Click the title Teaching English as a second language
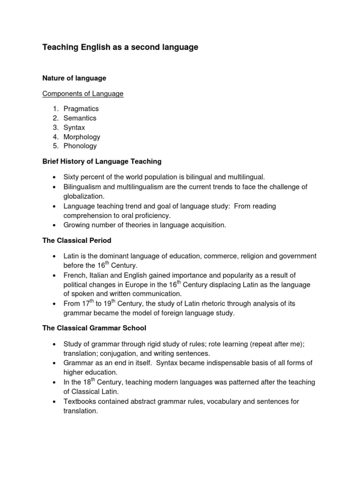coord(120,47)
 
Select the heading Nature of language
coord(74,78)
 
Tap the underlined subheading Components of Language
coord(83,94)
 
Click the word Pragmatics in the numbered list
coord(81,109)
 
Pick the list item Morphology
coord(82,137)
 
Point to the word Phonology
coord(80,146)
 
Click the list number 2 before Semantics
coord(55,118)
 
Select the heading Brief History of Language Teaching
coord(102,161)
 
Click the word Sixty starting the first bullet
coord(72,177)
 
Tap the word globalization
coord(83,196)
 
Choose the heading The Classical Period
coord(77,240)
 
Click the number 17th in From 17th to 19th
coord(87,303)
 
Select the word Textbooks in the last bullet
coord(80,401)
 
